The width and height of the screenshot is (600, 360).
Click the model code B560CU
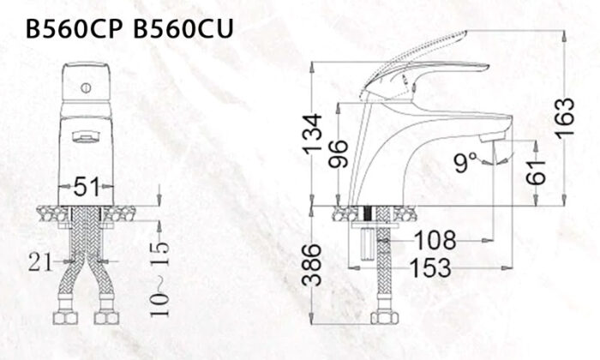pyautogui.click(x=184, y=28)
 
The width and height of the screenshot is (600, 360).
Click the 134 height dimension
pyautogui.click(x=314, y=134)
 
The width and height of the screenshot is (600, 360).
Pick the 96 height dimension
pyautogui.click(x=339, y=154)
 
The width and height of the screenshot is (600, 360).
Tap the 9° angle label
pyautogui.click(x=466, y=161)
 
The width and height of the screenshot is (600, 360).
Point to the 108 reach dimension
pyautogui.click(x=436, y=240)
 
